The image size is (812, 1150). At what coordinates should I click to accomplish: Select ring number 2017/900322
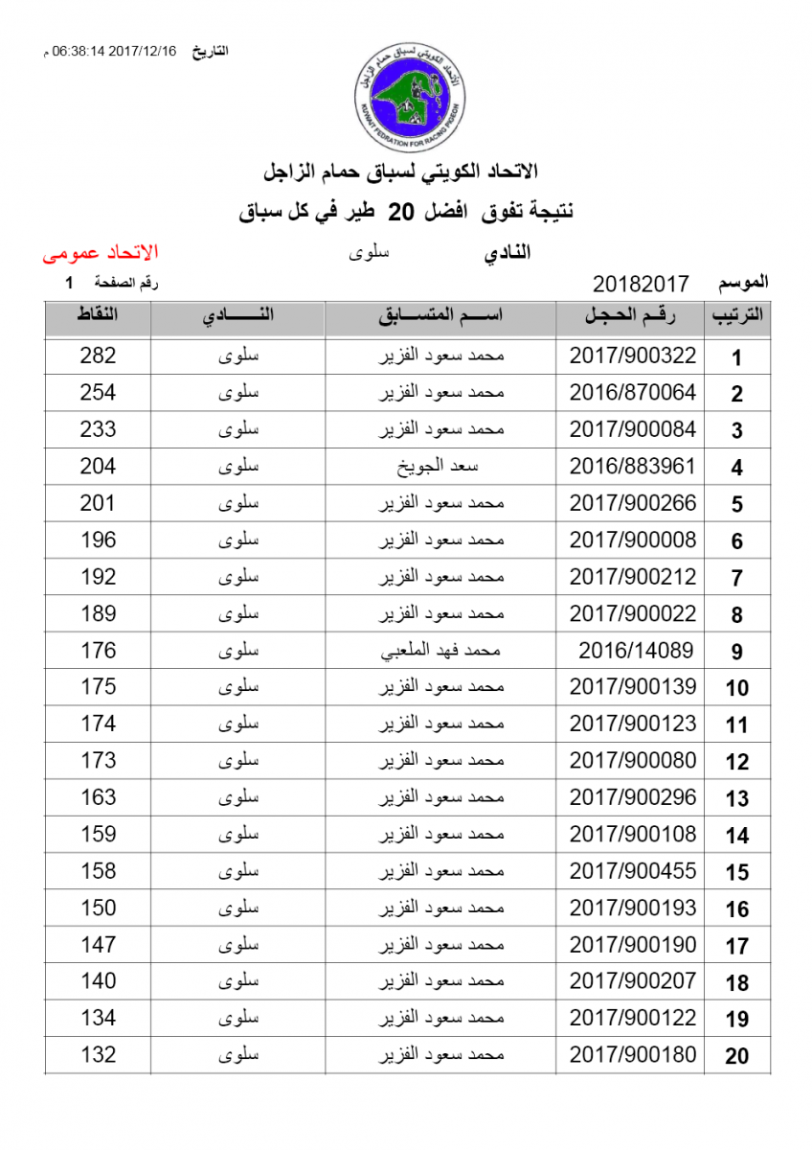633,356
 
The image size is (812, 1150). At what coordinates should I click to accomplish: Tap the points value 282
98,356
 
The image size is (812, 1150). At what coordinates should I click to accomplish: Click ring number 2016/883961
633,467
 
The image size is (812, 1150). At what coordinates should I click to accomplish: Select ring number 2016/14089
636,651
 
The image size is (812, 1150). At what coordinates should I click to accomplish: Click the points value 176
98,651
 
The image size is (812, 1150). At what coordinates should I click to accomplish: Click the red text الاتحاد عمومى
100,254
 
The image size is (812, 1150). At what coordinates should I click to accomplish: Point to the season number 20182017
642,285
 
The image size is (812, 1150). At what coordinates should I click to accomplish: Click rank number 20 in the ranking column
736,1057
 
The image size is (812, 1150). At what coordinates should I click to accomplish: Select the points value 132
98,1055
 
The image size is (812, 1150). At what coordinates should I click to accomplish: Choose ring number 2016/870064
633,393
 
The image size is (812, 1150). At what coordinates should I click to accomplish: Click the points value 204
98,467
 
